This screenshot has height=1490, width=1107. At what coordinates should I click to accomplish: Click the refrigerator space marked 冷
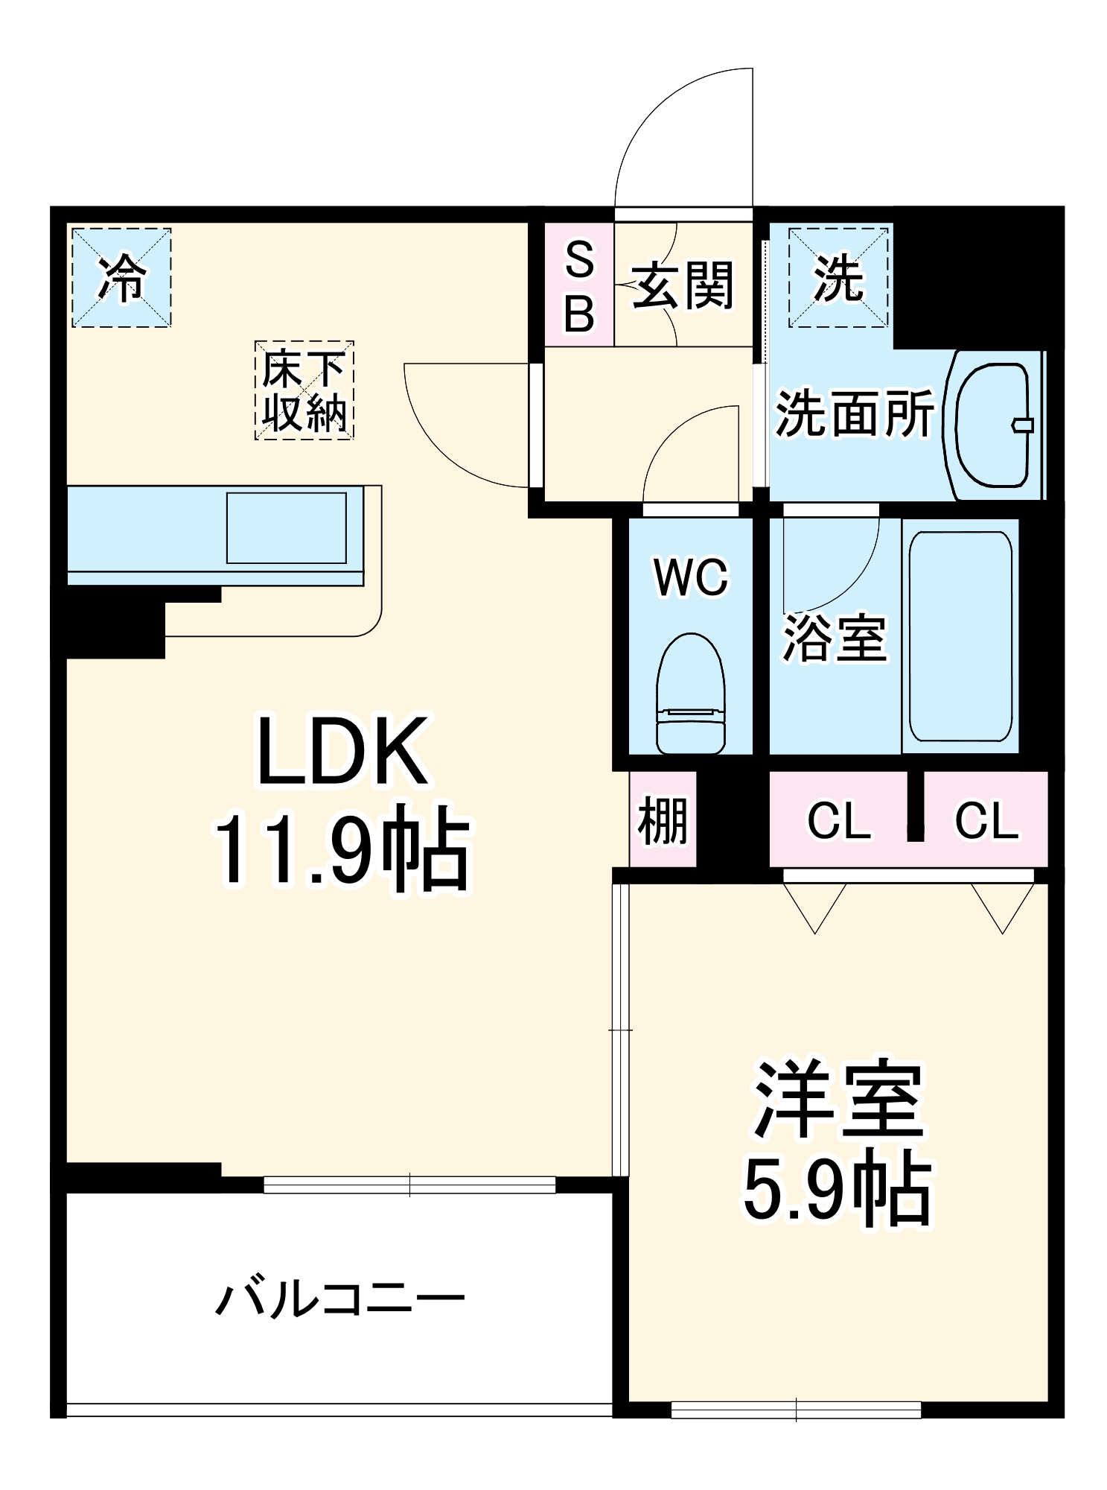click(x=121, y=278)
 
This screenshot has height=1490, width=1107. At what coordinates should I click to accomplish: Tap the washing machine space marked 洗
click(x=839, y=278)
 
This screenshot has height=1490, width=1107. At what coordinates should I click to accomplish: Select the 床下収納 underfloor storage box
click(x=304, y=390)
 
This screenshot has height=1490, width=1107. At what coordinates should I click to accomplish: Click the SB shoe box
click(x=579, y=285)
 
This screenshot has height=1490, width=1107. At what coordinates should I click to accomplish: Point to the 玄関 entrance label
click(x=683, y=285)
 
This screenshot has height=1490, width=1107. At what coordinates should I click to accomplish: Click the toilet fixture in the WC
click(x=691, y=693)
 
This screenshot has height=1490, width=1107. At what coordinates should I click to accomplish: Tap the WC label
click(x=691, y=577)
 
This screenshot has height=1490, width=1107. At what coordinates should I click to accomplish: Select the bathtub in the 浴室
click(x=960, y=637)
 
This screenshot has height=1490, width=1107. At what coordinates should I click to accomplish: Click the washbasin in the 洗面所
click(x=995, y=425)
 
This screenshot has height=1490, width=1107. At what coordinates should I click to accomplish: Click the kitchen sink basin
click(x=286, y=528)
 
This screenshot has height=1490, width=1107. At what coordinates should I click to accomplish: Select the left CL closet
click(x=839, y=819)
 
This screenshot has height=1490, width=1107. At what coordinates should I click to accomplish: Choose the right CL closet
click(x=986, y=819)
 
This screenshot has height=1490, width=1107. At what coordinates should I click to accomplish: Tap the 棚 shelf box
click(x=663, y=819)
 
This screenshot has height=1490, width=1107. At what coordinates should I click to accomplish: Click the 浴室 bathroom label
click(x=834, y=638)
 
